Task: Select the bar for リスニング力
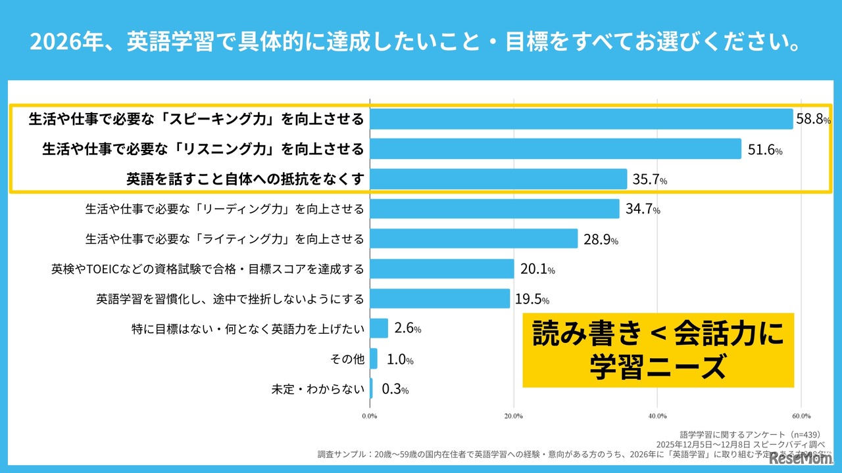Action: (556, 149)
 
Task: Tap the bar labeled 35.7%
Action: (499, 179)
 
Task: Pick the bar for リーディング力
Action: (495, 209)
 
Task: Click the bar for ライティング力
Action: (474, 239)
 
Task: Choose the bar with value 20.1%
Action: (442, 269)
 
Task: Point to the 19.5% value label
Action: (532, 300)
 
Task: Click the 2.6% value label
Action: (407, 328)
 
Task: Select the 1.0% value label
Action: (400, 359)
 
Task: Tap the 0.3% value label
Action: (395, 390)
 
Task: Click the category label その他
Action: (347, 359)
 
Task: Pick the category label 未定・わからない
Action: (318, 390)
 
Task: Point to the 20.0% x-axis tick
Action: (513, 416)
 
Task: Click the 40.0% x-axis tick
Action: (658, 416)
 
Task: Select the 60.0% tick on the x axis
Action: (801, 416)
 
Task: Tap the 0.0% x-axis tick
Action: (370, 416)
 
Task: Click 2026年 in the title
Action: (66, 43)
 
